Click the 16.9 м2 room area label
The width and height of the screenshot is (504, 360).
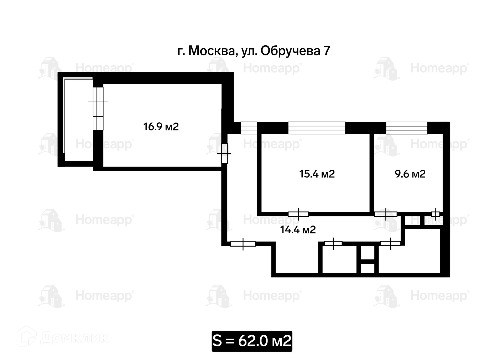pyautogui.click(x=161, y=127)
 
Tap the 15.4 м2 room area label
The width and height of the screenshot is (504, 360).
pyautogui.click(x=317, y=174)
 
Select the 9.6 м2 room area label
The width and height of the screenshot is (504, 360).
pyautogui.click(x=410, y=174)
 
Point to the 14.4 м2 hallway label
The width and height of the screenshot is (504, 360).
pyautogui.click(x=298, y=230)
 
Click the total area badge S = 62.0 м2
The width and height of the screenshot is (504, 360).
pyautogui.click(x=252, y=341)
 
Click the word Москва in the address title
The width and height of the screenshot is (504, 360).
pyautogui.click(x=211, y=51)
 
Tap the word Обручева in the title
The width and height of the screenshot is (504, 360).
pyautogui.click(x=290, y=51)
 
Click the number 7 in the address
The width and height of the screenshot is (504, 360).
pyautogui.click(x=327, y=51)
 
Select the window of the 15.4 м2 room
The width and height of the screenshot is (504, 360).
pyautogui.click(x=317, y=128)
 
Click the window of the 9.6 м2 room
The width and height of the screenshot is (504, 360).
pyautogui.click(x=407, y=128)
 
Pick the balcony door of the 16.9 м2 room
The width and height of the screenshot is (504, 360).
pyautogui.click(x=98, y=108)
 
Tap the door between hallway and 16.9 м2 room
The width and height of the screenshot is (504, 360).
pyautogui.click(x=224, y=154)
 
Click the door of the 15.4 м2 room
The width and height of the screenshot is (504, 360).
pyautogui.click(x=298, y=214)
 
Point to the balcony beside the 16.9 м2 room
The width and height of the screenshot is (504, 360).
pyautogui.click(x=78, y=119)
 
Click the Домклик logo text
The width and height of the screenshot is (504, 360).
pyautogui.click(x=75, y=338)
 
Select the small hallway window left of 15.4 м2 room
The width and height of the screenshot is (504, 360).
pyautogui.click(x=249, y=128)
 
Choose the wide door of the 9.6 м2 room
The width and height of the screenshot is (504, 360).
pyautogui.click(x=386, y=214)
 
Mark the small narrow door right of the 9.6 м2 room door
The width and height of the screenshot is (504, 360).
pyautogui.click(x=436, y=214)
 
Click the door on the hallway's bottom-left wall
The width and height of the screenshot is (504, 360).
pyautogui.click(x=243, y=244)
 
